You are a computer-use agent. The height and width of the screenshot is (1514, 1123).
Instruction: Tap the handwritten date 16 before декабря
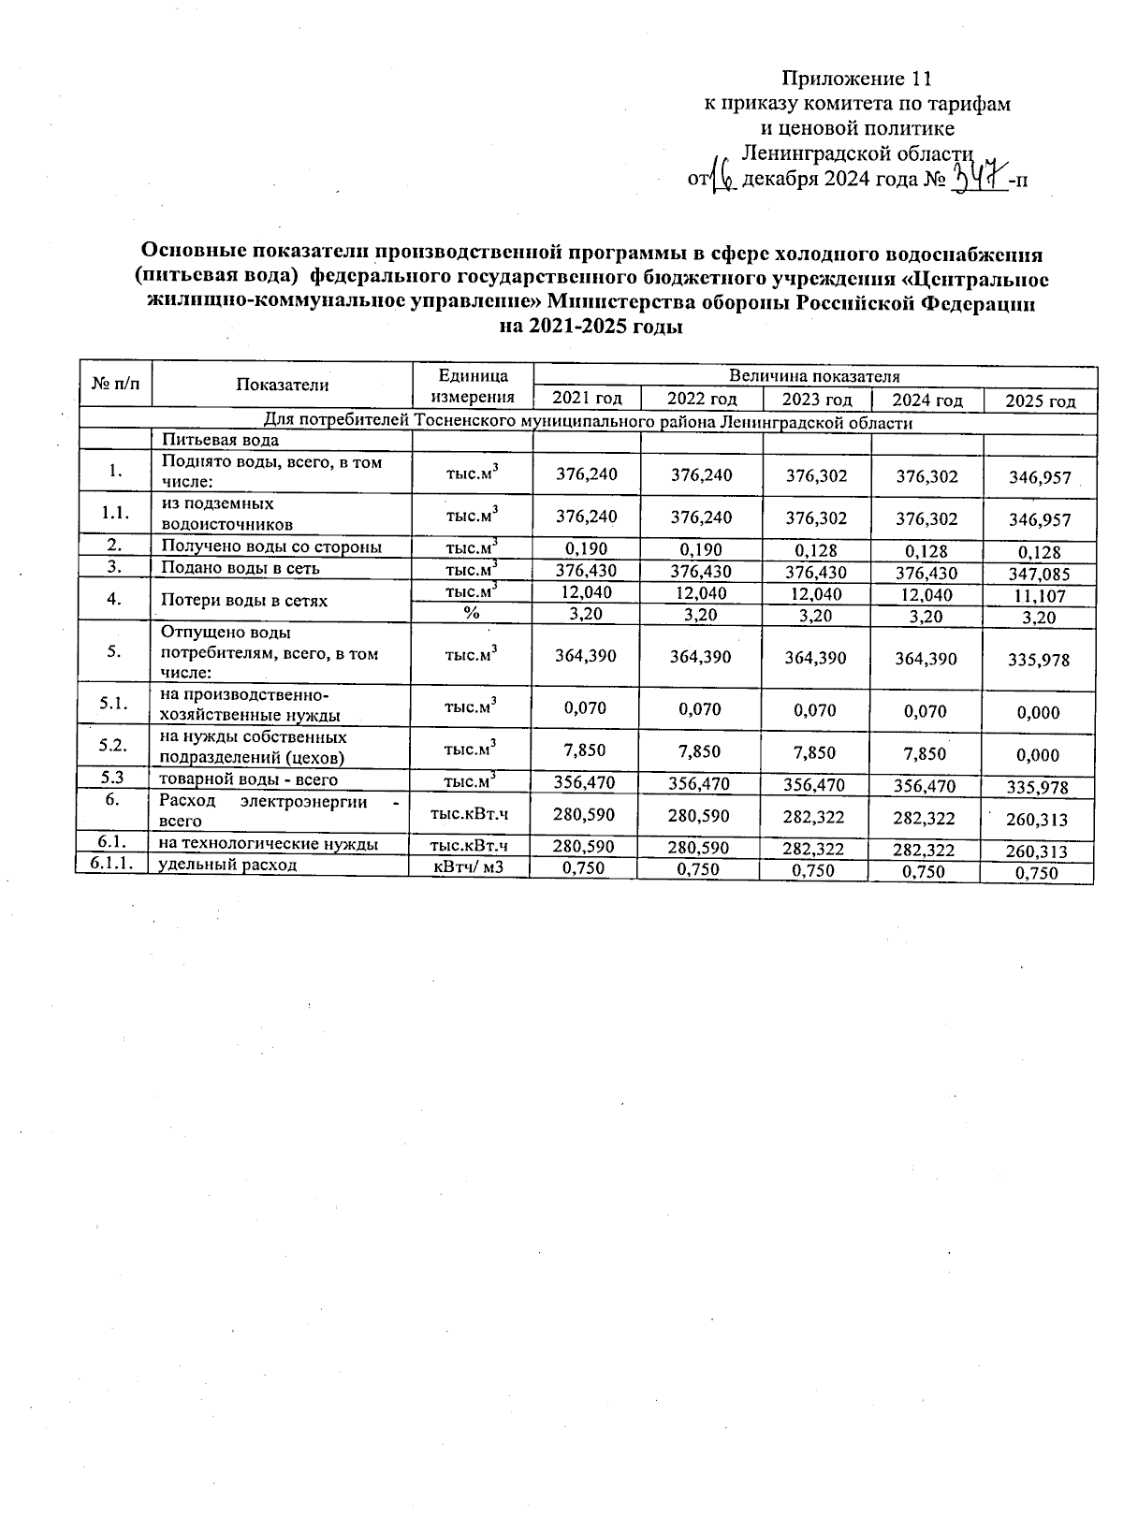click(x=722, y=176)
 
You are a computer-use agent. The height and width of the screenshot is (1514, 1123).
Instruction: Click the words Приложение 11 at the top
click(x=857, y=78)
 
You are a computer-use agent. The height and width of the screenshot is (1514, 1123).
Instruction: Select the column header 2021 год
click(x=587, y=400)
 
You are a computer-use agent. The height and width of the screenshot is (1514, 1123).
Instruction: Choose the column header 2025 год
click(x=1040, y=401)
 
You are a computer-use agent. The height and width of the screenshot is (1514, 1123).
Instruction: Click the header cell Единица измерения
click(x=473, y=386)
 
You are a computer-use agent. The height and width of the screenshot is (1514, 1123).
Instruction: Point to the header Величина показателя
click(x=814, y=376)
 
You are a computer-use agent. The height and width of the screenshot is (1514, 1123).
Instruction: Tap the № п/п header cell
click(x=116, y=384)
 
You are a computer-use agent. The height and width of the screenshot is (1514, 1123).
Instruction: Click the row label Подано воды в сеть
click(x=241, y=568)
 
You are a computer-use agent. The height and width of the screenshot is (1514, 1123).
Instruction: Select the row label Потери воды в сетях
click(x=244, y=600)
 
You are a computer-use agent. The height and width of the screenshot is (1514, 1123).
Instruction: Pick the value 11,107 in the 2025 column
click(x=1039, y=596)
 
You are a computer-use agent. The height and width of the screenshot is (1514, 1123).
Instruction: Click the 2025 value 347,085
click(x=1039, y=575)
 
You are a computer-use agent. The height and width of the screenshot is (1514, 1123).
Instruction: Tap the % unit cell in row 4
click(x=472, y=613)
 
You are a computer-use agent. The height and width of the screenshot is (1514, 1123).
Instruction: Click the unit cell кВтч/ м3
click(x=469, y=867)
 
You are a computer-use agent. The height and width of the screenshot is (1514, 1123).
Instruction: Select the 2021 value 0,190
click(x=587, y=548)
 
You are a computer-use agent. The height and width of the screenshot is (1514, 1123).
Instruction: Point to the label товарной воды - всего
click(x=248, y=779)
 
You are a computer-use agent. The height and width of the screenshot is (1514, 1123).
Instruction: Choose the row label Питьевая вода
click(x=220, y=440)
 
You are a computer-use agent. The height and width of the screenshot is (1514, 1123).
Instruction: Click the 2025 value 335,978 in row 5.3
click(x=1039, y=788)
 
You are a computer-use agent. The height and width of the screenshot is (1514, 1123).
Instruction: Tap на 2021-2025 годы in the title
click(x=591, y=328)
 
